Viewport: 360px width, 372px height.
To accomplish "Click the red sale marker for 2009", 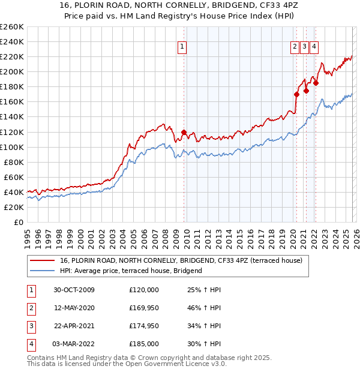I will (184, 132).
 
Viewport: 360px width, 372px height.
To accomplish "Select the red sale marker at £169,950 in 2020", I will (296, 94).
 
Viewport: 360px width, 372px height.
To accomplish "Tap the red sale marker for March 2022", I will (316, 83).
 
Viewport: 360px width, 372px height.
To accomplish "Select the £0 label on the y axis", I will (18, 222).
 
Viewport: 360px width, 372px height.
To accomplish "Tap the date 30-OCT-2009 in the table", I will (74, 290).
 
